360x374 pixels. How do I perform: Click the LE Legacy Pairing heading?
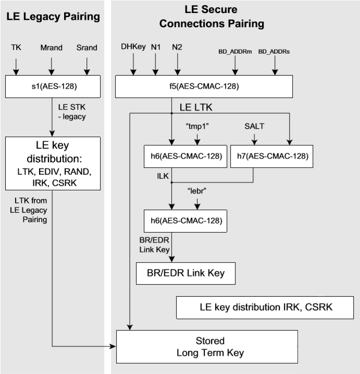tap(53, 17)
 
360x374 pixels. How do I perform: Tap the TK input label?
tap(16, 48)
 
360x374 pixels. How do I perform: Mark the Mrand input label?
tap(51, 48)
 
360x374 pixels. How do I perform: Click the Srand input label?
tap(86, 48)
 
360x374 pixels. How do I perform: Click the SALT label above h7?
tap(255, 127)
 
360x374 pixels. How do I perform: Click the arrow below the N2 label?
tap(178, 65)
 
